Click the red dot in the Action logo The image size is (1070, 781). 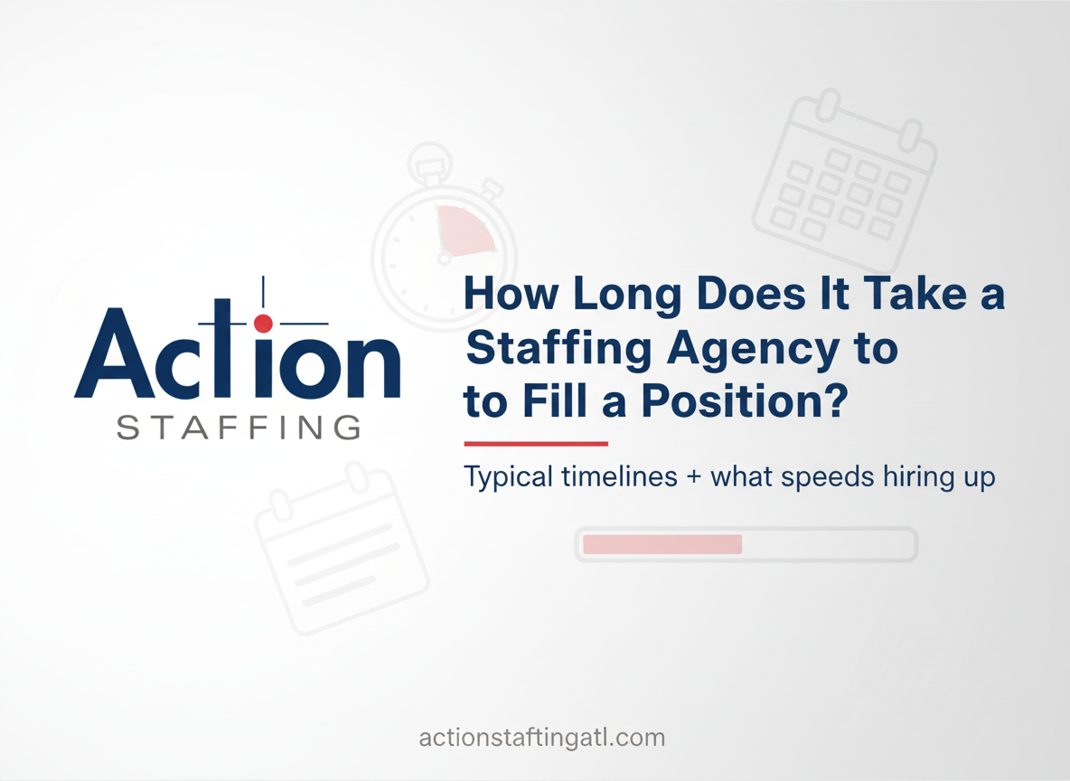[263, 323]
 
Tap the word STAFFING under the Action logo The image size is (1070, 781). [239, 427]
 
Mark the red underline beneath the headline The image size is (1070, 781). [535, 444]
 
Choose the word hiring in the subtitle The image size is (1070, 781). [906, 477]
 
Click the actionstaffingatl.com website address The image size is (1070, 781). [541, 738]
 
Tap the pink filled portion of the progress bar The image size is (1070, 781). [662, 544]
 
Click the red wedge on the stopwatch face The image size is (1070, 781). [463, 230]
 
